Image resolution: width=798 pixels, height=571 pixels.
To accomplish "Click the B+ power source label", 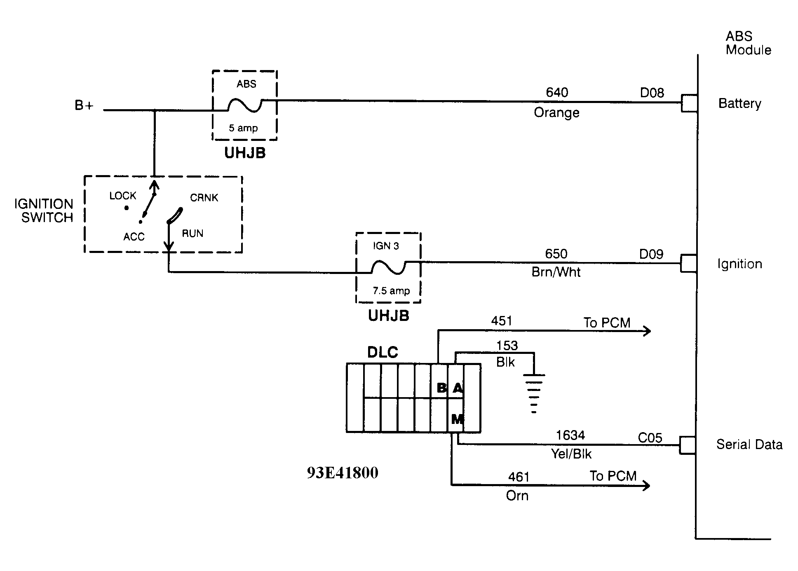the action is pyautogui.click(x=84, y=105).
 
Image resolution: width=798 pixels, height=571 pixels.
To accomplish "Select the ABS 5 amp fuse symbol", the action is pyautogui.click(x=245, y=105).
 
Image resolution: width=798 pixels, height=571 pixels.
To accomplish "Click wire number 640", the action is pyautogui.click(x=557, y=92).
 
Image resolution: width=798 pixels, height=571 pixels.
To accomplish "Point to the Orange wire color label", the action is pyautogui.click(x=556, y=113).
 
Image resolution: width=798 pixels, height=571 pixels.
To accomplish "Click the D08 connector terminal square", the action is pyautogui.click(x=689, y=103).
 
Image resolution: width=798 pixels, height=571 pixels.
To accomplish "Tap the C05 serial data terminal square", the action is pyautogui.click(x=688, y=445).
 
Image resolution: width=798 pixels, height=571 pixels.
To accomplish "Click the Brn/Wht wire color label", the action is pyautogui.click(x=556, y=272).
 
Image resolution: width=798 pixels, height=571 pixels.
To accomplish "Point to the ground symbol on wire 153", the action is pyautogui.click(x=534, y=393).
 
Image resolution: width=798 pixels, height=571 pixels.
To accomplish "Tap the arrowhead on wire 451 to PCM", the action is pyautogui.click(x=647, y=330).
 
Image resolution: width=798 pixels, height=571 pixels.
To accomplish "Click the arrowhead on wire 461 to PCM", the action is pyautogui.click(x=646, y=485).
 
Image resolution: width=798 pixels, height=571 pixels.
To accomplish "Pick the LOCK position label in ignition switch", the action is pyautogui.click(x=122, y=196).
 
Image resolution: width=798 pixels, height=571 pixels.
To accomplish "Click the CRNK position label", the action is pyautogui.click(x=204, y=198).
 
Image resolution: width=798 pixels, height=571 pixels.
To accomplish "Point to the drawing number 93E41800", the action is pyautogui.click(x=343, y=473).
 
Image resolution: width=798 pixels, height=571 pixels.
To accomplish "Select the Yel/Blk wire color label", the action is pyautogui.click(x=571, y=454).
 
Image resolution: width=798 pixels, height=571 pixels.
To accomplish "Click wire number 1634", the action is pyautogui.click(x=570, y=435).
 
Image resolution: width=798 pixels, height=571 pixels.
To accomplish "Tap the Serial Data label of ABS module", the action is pyautogui.click(x=749, y=445).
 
